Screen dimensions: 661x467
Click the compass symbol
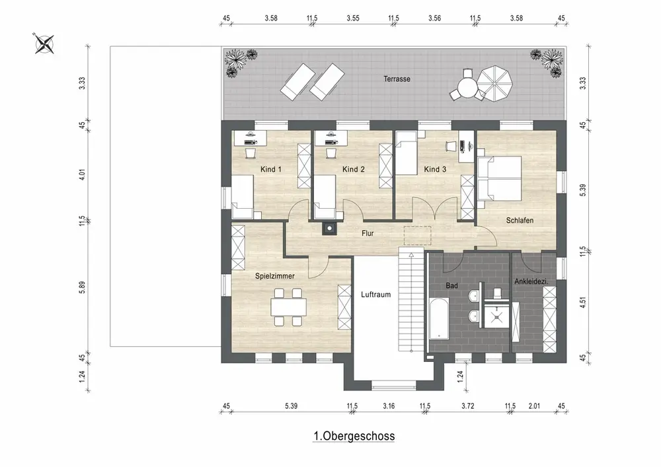pyautogui.click(x=44, y=44)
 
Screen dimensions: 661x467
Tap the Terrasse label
pyautogui.click(x=397, y=79)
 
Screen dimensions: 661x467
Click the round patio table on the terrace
pyautogui.click(x=467, y=89)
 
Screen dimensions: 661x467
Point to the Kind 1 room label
pyautogui.click(x=270, y=169)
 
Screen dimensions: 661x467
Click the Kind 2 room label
pyautogui.click(x=353, y=169)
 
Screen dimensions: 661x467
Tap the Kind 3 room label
pyautogui.click(x=435, y=169)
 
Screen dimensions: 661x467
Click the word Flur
pyautogui.click(x=368, y=233)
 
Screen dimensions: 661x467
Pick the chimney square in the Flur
pyautogui.click(x=329, y=229)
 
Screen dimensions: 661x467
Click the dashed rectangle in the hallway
pyautogui.click(x=417, y=235)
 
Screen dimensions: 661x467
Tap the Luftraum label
pyautogui.click(x=375, y=295)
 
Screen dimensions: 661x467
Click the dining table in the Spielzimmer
pyautogui.click(x=289, y=307)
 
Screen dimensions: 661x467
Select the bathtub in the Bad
pyautogui.click(x=439, y=319)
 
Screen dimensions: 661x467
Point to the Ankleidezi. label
pyautogui.click(x=531, y=281)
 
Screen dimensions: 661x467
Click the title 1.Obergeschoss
pyautogui.click(x=354, y=436)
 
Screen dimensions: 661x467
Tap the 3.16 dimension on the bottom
pyautogui.click(x=389, y=406)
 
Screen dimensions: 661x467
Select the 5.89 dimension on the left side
pyautogui.click(x=82, y=287)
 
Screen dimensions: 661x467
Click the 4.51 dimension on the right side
pyautogui.click(x=583, y=303)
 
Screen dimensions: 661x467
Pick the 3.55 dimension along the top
pyautogui.click(x=353, y=18)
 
